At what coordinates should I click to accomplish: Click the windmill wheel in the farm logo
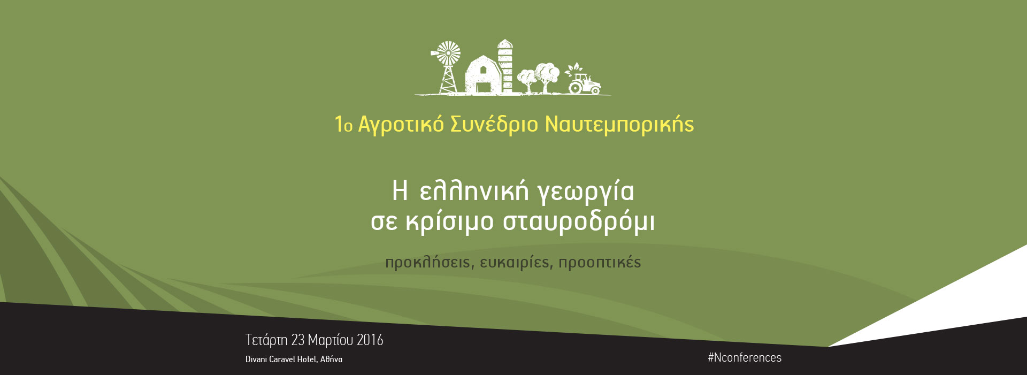(x=448, y=53)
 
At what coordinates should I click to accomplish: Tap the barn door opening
(x=484, y=87)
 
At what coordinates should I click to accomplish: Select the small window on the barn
(x=483, y=70)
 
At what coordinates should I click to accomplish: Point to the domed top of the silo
(x=504, y=43)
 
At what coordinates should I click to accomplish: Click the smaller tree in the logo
(x=527, y=80)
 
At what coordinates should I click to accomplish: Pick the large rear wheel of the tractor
(x=575, y=87)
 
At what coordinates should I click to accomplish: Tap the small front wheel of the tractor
(x=595, y=90)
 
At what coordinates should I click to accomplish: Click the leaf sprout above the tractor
(x=575, y=69)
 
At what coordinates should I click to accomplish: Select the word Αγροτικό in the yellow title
(x=401, y=124)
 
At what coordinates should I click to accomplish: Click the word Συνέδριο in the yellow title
(x=494, y=124)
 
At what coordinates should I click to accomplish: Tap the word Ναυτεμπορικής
(x=619, y=124)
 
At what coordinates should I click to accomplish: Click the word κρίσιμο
(x=450, y=221)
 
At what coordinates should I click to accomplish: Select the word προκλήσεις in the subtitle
(x=428, y=263)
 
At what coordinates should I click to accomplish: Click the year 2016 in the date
(x=370, y=340)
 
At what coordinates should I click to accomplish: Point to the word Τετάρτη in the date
(x=266, y=340)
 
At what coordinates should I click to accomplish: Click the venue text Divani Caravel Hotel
(x=281, y=359)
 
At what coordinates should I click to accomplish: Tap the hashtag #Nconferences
(x=745, y=357)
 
